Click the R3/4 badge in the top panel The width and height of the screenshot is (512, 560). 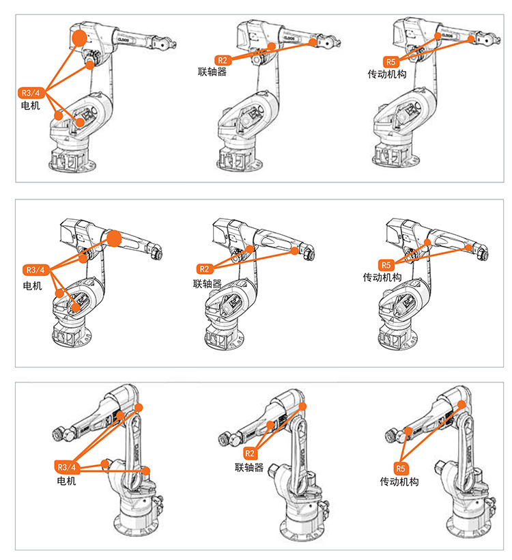pyautogui.click(x=32, y=92)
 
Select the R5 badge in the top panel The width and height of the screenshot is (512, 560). pyautogui.click(x=390, y=61)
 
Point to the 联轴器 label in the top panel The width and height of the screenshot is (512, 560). pyautogui.click(x=212, y=71)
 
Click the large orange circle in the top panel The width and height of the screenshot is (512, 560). pyautogui.click(x=80, y=37)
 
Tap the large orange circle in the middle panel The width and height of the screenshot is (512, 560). pyautogui.click(x=114, y=238)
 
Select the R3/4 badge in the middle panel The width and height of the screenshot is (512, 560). pyautogui.click(x=34, y=269)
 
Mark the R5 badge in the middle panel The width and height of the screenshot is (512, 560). pyautogui.click(x=386, y=265)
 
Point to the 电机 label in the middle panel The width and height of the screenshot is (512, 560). pyautogui.click(x=32, y=285)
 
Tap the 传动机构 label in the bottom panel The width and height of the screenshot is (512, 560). pyautogui.click(x=399, y=481)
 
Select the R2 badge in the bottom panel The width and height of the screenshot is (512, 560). pyautogui.click(x=249, y=453)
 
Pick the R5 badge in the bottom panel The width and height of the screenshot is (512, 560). pyautogui.click(x=401, y=468)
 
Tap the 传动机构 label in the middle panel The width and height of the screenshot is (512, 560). pyautogui.click(x=382, y=278)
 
